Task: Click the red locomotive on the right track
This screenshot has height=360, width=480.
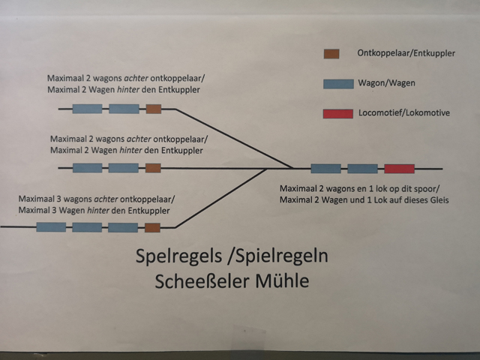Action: [x=399, y=169]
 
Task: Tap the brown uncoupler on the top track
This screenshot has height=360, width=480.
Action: [x=154, y=109]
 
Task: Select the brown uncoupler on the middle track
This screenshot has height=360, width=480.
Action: [x=153, y=168]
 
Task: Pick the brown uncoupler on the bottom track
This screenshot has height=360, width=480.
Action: [x=152, y=227]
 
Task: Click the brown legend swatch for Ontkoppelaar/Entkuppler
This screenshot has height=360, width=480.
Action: [x=331, y=53]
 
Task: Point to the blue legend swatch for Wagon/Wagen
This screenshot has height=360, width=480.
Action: [x=337, y=83]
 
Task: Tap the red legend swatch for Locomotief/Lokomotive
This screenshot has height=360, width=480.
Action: [x=337, y=113]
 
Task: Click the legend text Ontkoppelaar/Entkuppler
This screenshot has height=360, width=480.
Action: [x=407, y=53]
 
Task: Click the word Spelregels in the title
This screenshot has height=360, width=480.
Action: [x=175, y=256]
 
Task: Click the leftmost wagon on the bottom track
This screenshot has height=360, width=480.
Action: [x=51, y=227]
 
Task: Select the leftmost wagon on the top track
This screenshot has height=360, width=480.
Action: [x=87, y=109]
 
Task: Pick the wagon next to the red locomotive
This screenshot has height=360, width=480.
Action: [x=362, y=169]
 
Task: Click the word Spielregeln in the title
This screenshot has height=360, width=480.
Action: [x=283, y=256]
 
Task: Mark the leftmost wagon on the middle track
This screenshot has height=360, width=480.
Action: [x=87, y=168]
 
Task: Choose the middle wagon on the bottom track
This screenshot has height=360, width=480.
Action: [x=87, y=227]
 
